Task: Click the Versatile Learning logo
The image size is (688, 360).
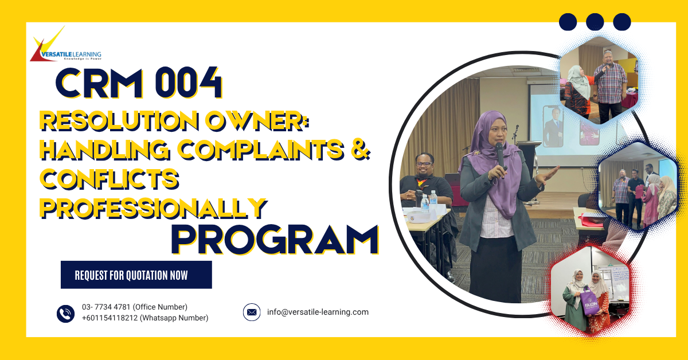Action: [65, 45]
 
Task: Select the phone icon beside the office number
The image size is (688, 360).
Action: [66, 314]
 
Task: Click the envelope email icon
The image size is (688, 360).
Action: [252, 312]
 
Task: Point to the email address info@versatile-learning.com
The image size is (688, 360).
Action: [318, 312]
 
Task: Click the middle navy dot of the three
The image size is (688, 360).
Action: [595, 22]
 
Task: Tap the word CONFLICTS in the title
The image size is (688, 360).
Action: [109, 179]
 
